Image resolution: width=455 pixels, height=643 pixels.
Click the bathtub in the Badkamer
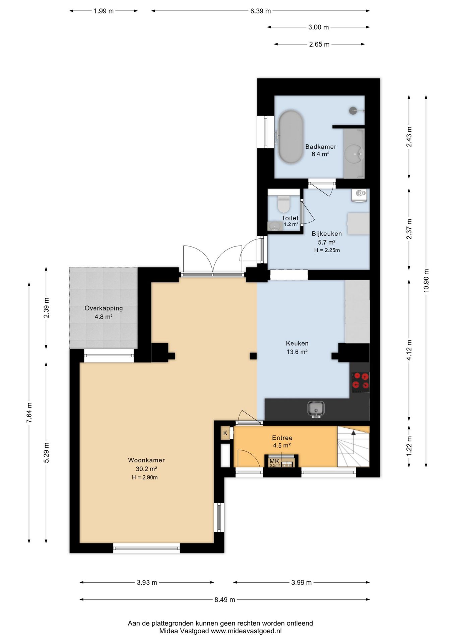click(291, 137)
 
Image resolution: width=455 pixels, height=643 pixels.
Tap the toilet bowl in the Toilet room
click(283, 204)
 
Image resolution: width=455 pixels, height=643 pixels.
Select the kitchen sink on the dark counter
click(316, 409)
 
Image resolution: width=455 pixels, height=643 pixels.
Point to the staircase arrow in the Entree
click(353, 442)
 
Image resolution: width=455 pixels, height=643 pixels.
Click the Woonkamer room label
click(146, 460)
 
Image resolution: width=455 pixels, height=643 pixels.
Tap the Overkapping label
click(104, 308)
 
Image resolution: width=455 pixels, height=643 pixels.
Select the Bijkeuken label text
click(327, 234)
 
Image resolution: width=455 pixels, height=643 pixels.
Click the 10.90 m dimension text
click(426, 281)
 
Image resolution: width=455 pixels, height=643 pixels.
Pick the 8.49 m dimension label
click(224, 599)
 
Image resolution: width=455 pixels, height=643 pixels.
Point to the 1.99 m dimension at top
click(104, 11)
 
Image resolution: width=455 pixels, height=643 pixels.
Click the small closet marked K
click(225, 433)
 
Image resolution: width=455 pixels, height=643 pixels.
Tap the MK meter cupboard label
click(274, 461)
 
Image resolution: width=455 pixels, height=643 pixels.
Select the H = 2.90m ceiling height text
click(145, 477)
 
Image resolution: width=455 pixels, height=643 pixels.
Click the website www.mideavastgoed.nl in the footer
click(246, 631)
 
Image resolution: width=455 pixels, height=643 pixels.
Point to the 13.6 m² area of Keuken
click(297, 352)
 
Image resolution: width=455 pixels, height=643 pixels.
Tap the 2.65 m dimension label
click(319, 44)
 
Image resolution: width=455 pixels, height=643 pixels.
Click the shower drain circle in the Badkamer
click(353, 110)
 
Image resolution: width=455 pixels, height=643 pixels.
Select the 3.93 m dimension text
click(147, 582)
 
